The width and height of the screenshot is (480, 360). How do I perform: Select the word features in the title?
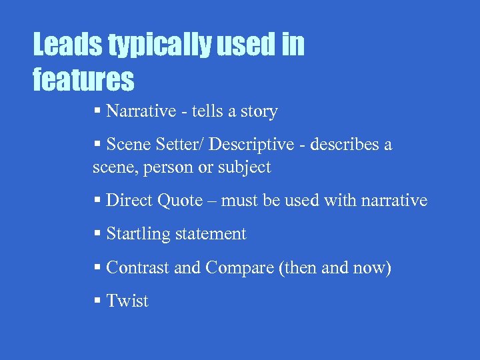(x=83, y=79)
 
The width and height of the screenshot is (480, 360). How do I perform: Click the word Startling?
(x=137, y=234)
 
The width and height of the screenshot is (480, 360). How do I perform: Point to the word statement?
(x=210, y=234)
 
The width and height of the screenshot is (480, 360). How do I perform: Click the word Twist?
(x=127, y=301)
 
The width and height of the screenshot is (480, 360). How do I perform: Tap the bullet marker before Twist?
(x=97, y=301)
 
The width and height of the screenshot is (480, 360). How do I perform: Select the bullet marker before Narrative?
(x=97, y=111)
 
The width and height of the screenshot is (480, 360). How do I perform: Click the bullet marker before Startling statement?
(x=97, y=234)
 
